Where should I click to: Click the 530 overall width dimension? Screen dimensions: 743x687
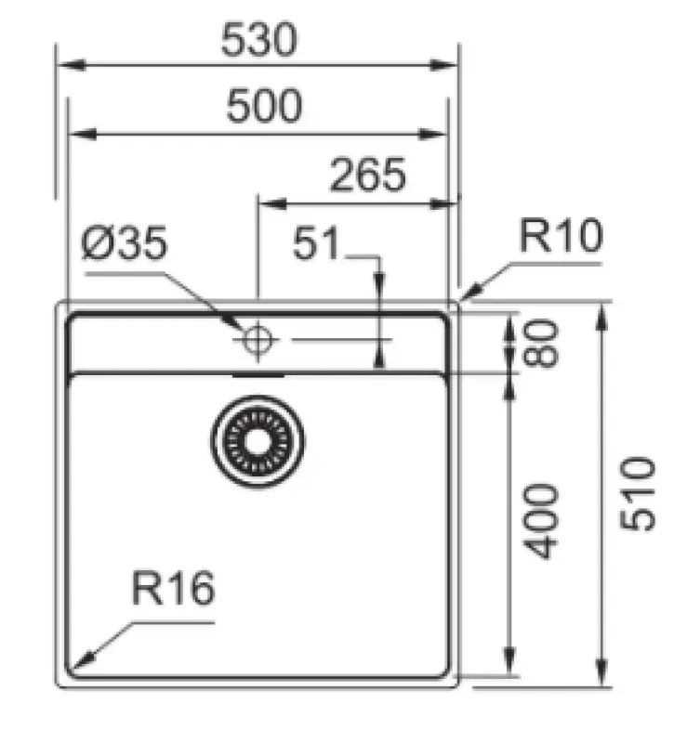point(259,40)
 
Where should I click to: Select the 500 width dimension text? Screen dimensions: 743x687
point(265,107)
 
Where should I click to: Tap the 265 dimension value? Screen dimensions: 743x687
point(369,175)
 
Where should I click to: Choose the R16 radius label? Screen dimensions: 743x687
point(173,589)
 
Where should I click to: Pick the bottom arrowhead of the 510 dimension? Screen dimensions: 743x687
point(603,677)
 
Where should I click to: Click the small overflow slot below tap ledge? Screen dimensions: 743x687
point(258,374)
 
